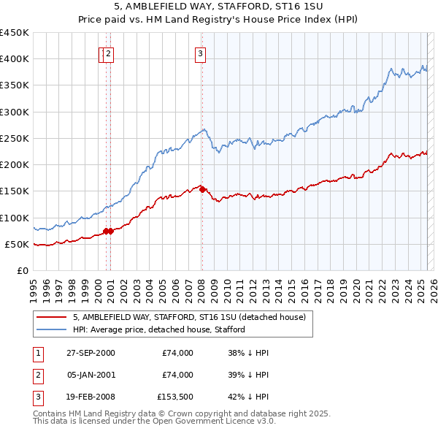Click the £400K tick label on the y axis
coord(14,59)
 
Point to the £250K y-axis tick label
coord(14,138)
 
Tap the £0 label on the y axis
coord(22,270)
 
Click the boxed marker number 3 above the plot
coord(199,53)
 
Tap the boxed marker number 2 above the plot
coord(109,53)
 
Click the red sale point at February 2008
coord(202,189)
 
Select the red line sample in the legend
coord(51,317)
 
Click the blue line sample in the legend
coord(51,329)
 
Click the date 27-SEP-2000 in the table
coord(91,353)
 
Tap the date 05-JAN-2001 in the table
coord(91,375)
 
